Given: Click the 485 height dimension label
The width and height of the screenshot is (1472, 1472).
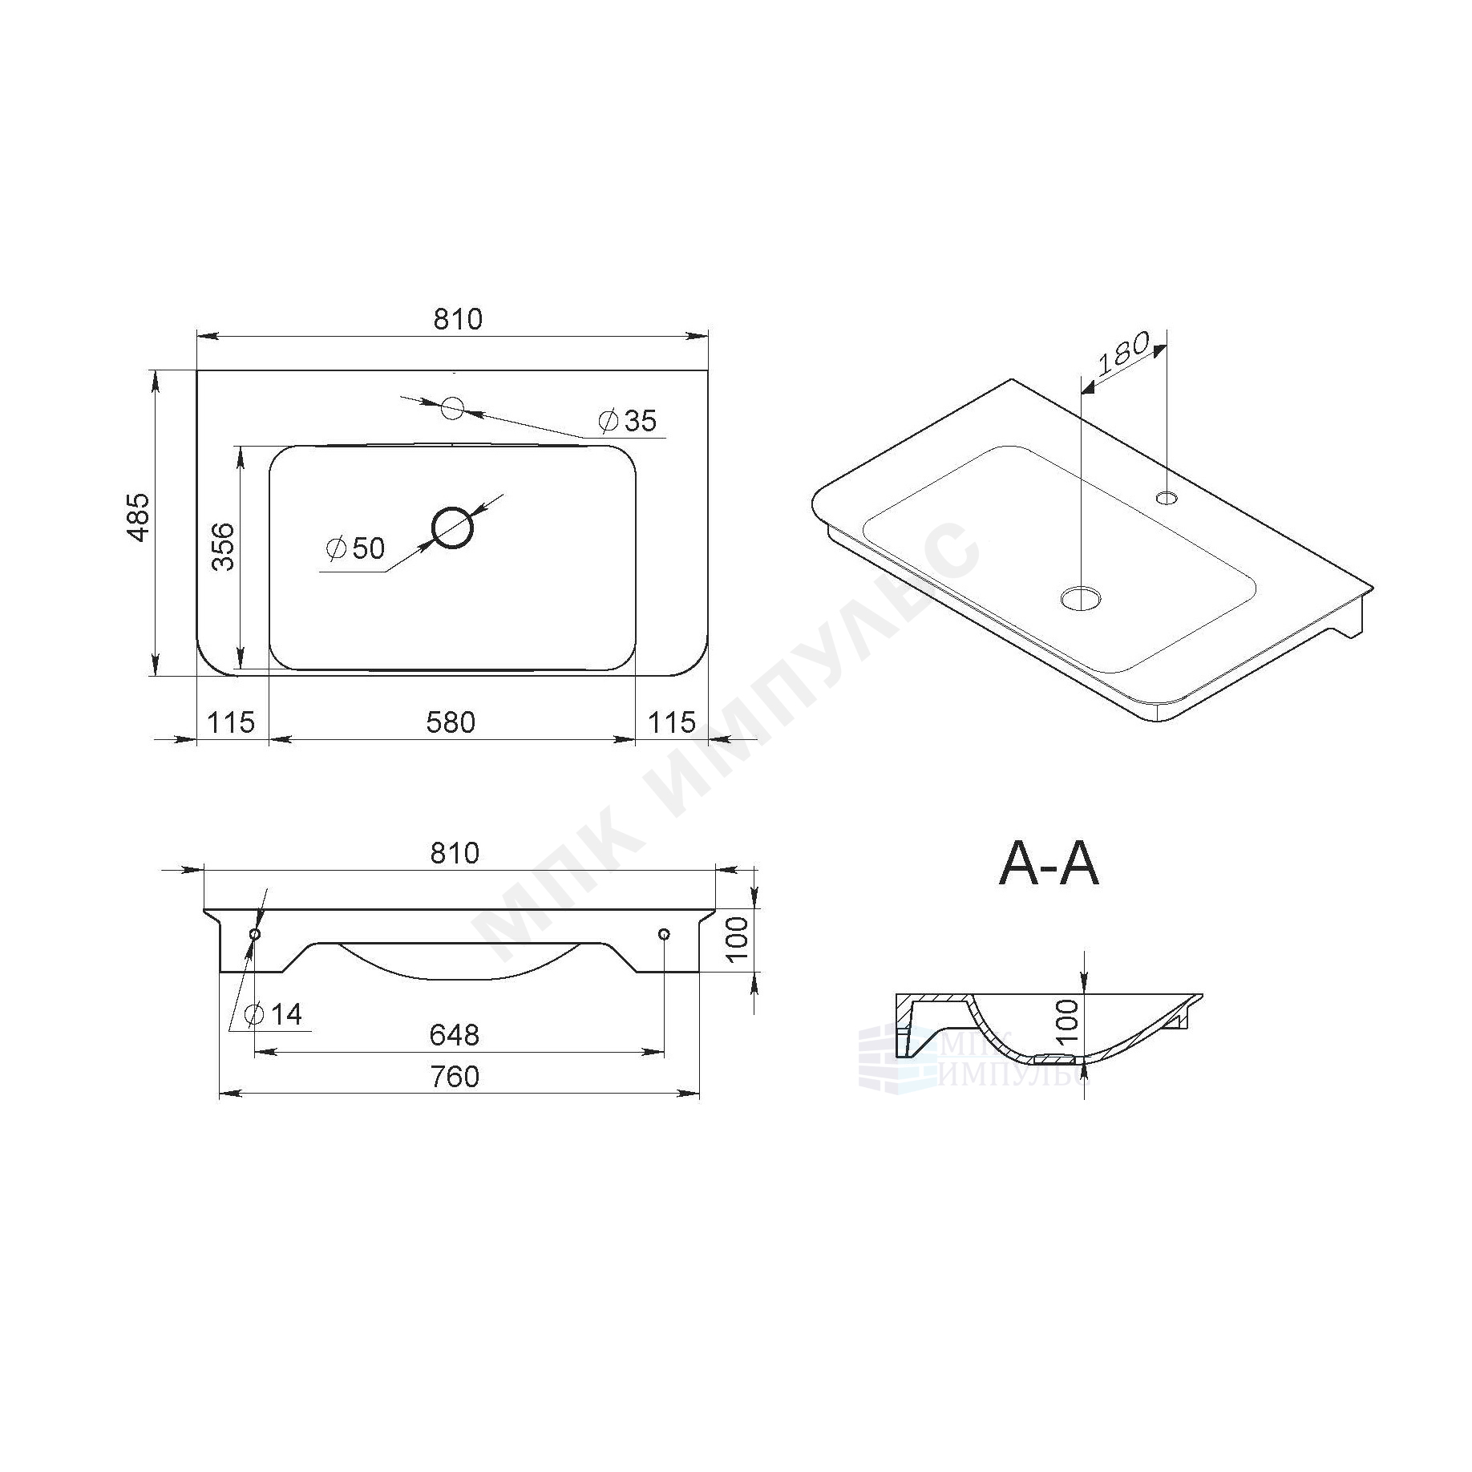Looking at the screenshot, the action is pos(140,516).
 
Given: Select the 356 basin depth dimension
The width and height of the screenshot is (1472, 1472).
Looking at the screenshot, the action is pos(224,547).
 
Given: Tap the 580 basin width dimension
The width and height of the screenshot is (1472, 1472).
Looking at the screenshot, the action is pos(451,723).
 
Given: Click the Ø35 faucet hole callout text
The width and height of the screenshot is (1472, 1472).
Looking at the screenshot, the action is pos(628,420).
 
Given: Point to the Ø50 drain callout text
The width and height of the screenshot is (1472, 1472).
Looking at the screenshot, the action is pos(356,548).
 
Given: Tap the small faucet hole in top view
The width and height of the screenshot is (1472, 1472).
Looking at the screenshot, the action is pos(453,408).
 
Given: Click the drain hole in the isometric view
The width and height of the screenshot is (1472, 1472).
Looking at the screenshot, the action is pos(1082,597).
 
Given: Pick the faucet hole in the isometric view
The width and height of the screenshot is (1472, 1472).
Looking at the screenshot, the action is pos(1167,498).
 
